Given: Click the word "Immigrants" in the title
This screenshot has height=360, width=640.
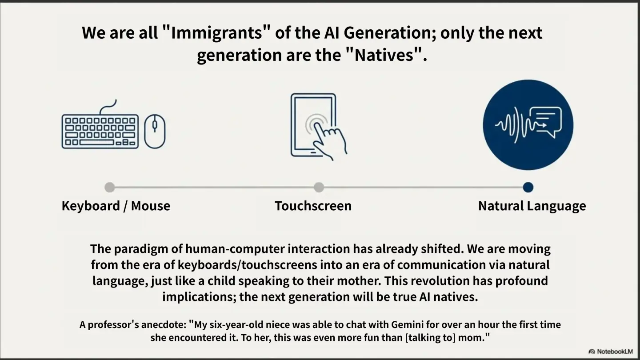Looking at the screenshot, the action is [x=216, y=33].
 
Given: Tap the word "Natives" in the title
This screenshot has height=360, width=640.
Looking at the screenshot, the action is [x=384, y=55].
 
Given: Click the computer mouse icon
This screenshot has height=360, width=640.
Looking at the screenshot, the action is [x=155, y=131].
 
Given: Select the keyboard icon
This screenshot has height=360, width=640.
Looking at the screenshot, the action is [x=100, y=124].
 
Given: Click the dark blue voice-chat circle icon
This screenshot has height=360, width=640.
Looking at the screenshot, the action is [x=528, y=125].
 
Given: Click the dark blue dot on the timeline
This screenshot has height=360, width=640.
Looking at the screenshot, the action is [x=528, y=188].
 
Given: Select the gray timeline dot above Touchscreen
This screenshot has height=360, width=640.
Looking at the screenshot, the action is [x=319, y=188].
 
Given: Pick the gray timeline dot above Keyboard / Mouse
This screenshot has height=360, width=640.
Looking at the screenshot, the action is [x=110, y=188].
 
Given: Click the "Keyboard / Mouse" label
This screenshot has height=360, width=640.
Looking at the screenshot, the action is [x=116, y=206].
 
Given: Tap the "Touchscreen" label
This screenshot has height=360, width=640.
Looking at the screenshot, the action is [x=313, y=206].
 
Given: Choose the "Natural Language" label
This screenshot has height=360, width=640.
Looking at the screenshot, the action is [x=532, y=206].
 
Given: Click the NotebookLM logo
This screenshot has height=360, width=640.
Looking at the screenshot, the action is [x=611, y=352].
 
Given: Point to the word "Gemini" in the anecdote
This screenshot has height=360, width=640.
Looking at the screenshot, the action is [x=407, y=325].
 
